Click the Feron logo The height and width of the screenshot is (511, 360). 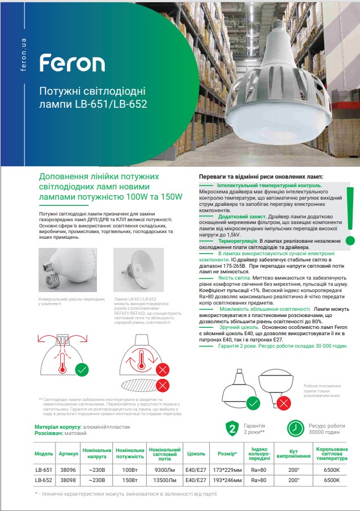(72, 62)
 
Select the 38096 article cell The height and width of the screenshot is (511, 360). (67, 470)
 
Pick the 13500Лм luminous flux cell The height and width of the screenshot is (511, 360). (165, 480)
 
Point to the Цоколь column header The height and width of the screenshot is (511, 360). (196, 454)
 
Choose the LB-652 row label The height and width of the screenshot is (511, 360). (44, 480)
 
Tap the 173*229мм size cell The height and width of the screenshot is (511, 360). (227, 470)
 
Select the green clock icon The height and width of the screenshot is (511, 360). (295, 428)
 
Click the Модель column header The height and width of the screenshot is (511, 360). (44, 454)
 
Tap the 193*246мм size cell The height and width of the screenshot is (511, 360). (227, 480)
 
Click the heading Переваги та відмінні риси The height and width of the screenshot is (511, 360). (260, 177)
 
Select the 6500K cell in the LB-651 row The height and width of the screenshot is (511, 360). (332, 470)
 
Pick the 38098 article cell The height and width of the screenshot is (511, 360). (67, 480)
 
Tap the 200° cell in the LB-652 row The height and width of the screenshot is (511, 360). (293, 480)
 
